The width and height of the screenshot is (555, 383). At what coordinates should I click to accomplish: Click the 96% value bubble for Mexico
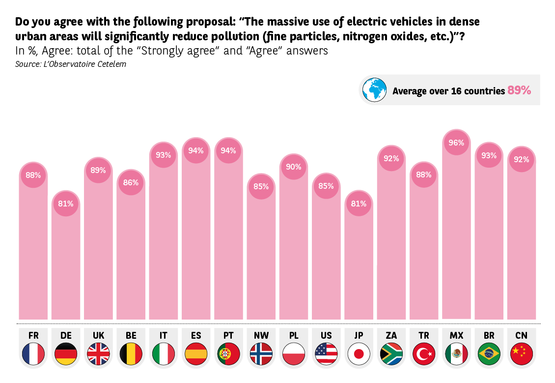[x=456, y=143]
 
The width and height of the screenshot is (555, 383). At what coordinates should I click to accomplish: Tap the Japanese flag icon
[x=359, y=354]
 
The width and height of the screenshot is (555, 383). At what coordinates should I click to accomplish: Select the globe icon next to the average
[x=375, y=89]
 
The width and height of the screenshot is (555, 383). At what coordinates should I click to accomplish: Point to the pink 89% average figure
[x=519, y=90]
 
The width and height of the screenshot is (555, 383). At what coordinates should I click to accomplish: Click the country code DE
[x=66, y=335]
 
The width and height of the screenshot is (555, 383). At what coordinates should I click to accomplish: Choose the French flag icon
[x=33, y=354]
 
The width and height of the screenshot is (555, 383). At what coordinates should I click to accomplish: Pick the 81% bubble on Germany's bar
[x=66, y=204]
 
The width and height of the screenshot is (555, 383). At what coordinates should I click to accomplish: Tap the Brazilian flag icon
[x=489, y=354]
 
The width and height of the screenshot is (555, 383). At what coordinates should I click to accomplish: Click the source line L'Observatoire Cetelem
[x=67, y=64]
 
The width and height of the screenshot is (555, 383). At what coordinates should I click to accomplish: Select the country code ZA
[x=391, y=335]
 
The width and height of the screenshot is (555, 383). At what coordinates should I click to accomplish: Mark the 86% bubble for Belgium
[x=131, y=182]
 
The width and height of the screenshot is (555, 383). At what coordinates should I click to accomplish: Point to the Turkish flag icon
[x=424, y=354]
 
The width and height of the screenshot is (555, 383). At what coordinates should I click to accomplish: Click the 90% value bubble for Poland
[x=293, y=167]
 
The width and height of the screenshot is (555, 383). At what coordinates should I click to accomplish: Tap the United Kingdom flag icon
[x=98, y=354]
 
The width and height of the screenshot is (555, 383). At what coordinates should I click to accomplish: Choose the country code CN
[x=521, y=335]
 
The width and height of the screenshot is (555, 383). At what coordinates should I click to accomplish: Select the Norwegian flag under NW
[x=261, y=354]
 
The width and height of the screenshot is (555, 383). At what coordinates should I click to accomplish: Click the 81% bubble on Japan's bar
[x=359, y=204]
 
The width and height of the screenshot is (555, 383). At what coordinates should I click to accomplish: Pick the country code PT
[x=228, y=335]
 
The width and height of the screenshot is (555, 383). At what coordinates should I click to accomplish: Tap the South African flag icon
[x=391, y=354]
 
